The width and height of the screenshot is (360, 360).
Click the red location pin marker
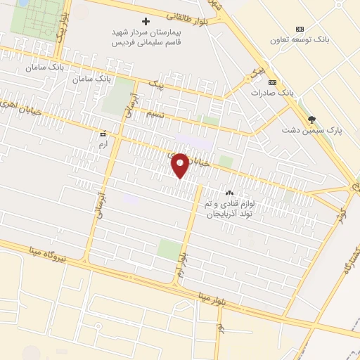(180, 165)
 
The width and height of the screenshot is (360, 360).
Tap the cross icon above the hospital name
(146, 21)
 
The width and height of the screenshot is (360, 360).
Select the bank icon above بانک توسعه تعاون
(300, 29)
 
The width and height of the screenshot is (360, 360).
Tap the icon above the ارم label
(103, 132)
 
